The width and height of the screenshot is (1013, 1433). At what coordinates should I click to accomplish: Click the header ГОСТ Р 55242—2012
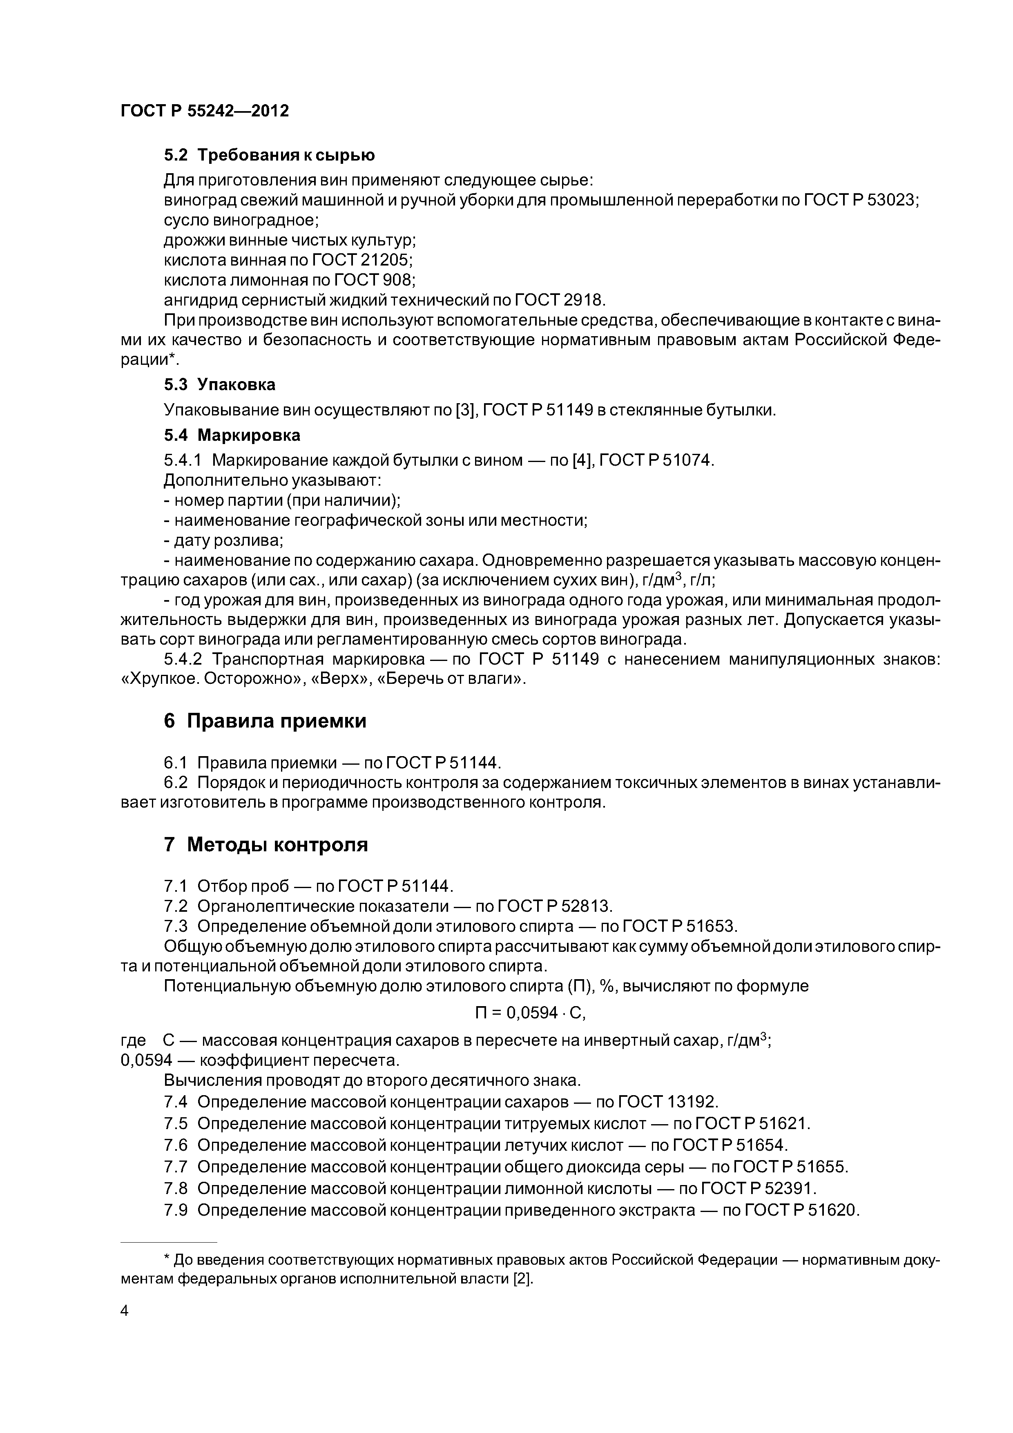204,111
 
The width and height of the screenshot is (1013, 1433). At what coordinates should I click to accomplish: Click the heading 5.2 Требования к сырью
269,155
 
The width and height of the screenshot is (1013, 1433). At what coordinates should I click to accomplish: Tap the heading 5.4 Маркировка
232,435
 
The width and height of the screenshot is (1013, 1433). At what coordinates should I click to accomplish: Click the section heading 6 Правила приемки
265,721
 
